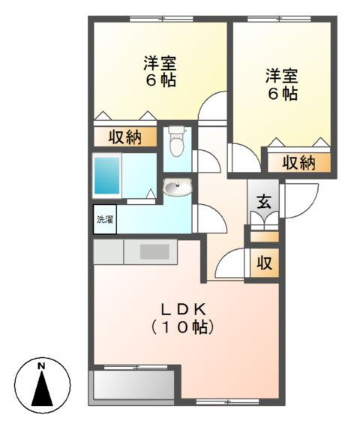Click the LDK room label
183,308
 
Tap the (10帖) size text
183,327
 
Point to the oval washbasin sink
178,188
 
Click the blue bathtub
107,176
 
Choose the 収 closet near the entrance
264,263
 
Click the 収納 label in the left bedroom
125,137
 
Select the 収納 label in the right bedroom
298,162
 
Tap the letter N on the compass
42,366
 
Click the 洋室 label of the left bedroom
160,63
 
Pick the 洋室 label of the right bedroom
282,76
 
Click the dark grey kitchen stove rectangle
156,251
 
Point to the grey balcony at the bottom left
133,386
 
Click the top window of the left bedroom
160,20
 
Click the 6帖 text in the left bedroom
160,80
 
